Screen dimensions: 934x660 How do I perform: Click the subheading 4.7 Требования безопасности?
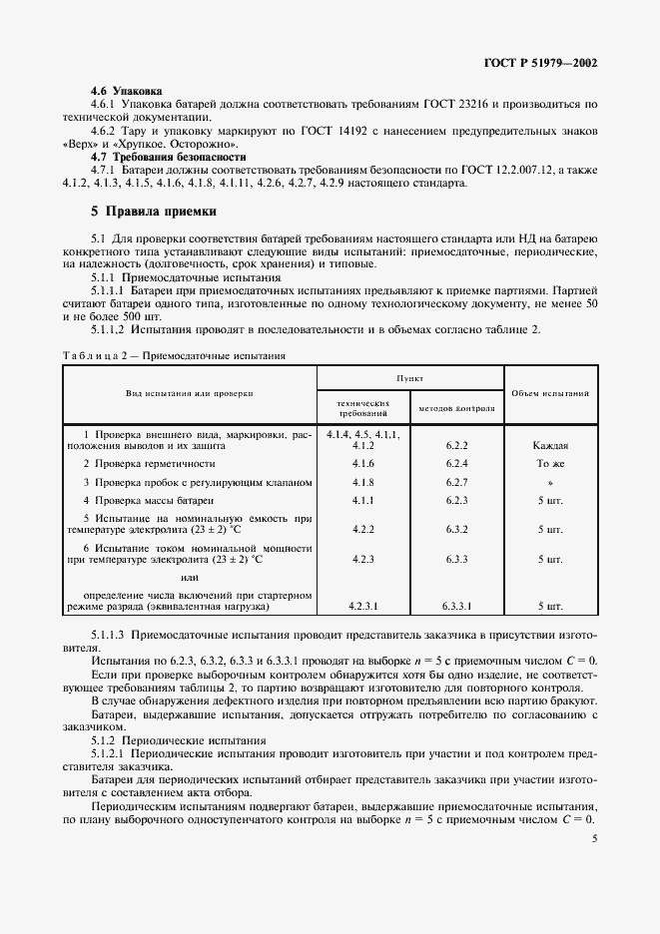pyautogui.click(x=168, y=157)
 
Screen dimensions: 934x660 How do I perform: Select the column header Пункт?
pyautogui.click(x=409, y=379)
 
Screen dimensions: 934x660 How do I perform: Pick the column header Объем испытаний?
pyautogui.click(x=549, y=393)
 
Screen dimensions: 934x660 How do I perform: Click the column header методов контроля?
pyautogui.click(x=456, y=408)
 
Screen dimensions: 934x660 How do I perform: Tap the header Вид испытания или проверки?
pyautogui.click(x=190, y=393)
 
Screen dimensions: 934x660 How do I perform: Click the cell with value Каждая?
pyautogui.click(x=550, y=446)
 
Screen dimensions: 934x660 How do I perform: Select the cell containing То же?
pyautogui.click(x=550, y=464)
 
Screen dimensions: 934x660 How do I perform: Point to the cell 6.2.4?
pyautogui.click(x=456, y=464)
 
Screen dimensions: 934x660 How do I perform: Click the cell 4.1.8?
pyautogui.click(x=362, y=482)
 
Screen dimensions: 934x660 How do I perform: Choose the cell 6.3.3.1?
pyautogui.click(x=456, y=606)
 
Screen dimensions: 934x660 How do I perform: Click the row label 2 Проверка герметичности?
pyautogui.click(x=149, y=464)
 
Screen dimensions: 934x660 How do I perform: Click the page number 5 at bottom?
pyautogui.click(x=594, y=839)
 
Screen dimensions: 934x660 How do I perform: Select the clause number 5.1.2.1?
pyautogui.click(x=109, y=754)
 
